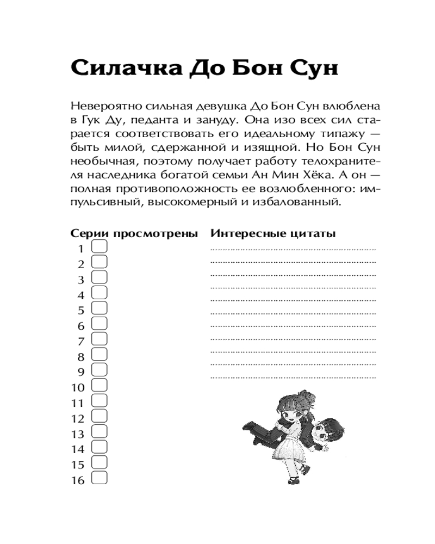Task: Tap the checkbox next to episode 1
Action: tap(100, 248)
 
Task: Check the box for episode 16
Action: tap(100, 479)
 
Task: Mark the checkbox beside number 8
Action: tap(100, 355)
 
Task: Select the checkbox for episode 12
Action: tap(100, 417)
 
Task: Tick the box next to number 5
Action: tap(100, 309)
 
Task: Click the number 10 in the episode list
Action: tap(78, 388)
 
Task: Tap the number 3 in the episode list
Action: tap(82, 280)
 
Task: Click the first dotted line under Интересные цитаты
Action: tap(293, 249)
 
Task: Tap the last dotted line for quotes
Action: tap(293, 376)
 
